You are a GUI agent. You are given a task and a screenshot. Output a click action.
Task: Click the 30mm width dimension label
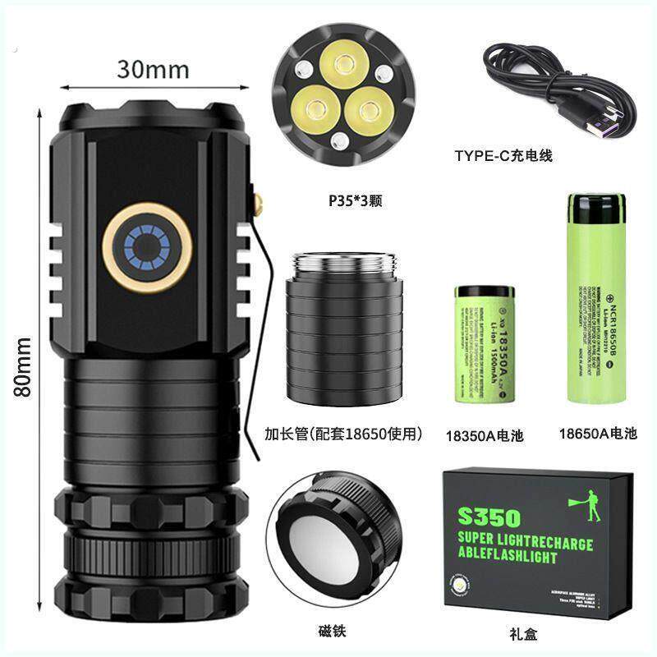click(x=153, y=69)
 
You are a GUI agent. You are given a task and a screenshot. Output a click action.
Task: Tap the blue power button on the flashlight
click(x=148, y=246)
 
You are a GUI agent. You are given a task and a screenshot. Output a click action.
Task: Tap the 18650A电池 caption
click(x=597, y=433)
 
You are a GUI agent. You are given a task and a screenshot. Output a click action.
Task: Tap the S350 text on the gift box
click(x=490, y=517)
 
